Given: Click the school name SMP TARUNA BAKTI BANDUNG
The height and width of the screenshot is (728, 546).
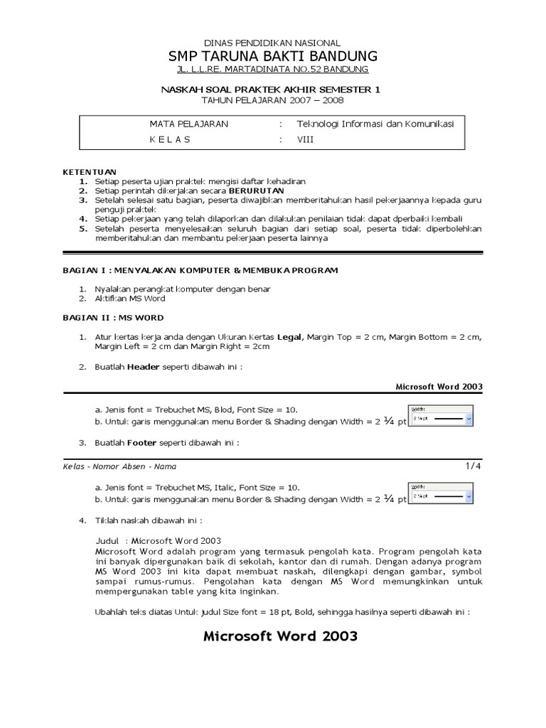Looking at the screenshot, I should click(x=273, y=57).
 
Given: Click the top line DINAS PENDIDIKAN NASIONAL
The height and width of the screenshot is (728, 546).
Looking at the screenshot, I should click(x=273, y=43).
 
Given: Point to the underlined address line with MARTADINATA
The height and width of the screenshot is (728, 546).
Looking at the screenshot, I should click(x=273, y=70).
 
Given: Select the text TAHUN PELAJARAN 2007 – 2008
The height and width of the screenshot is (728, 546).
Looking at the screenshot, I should click(x=273, y=100).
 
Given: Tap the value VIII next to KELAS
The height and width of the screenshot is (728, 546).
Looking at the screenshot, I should click(x=305, y=139).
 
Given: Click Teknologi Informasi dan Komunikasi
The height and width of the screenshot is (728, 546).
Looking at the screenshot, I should click(x=375, y=124).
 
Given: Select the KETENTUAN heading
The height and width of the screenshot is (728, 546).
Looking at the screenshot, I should click(x=89, y=172).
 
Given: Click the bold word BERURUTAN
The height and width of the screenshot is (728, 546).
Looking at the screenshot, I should click(x=256, y=191).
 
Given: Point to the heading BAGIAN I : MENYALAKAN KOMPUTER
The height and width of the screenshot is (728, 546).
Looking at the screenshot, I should click(x=191, y=270).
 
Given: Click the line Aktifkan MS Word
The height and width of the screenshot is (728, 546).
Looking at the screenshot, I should click(x=128, y=299).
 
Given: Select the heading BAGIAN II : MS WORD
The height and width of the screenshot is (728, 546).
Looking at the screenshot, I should click(x=113, y=318).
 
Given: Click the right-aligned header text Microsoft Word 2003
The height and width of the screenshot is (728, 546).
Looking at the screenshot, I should click(x=439, y=386).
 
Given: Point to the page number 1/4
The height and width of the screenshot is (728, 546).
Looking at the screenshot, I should click(x=473, y=466).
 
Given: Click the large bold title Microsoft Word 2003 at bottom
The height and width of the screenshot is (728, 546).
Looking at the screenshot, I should click(x=280, y=636).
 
